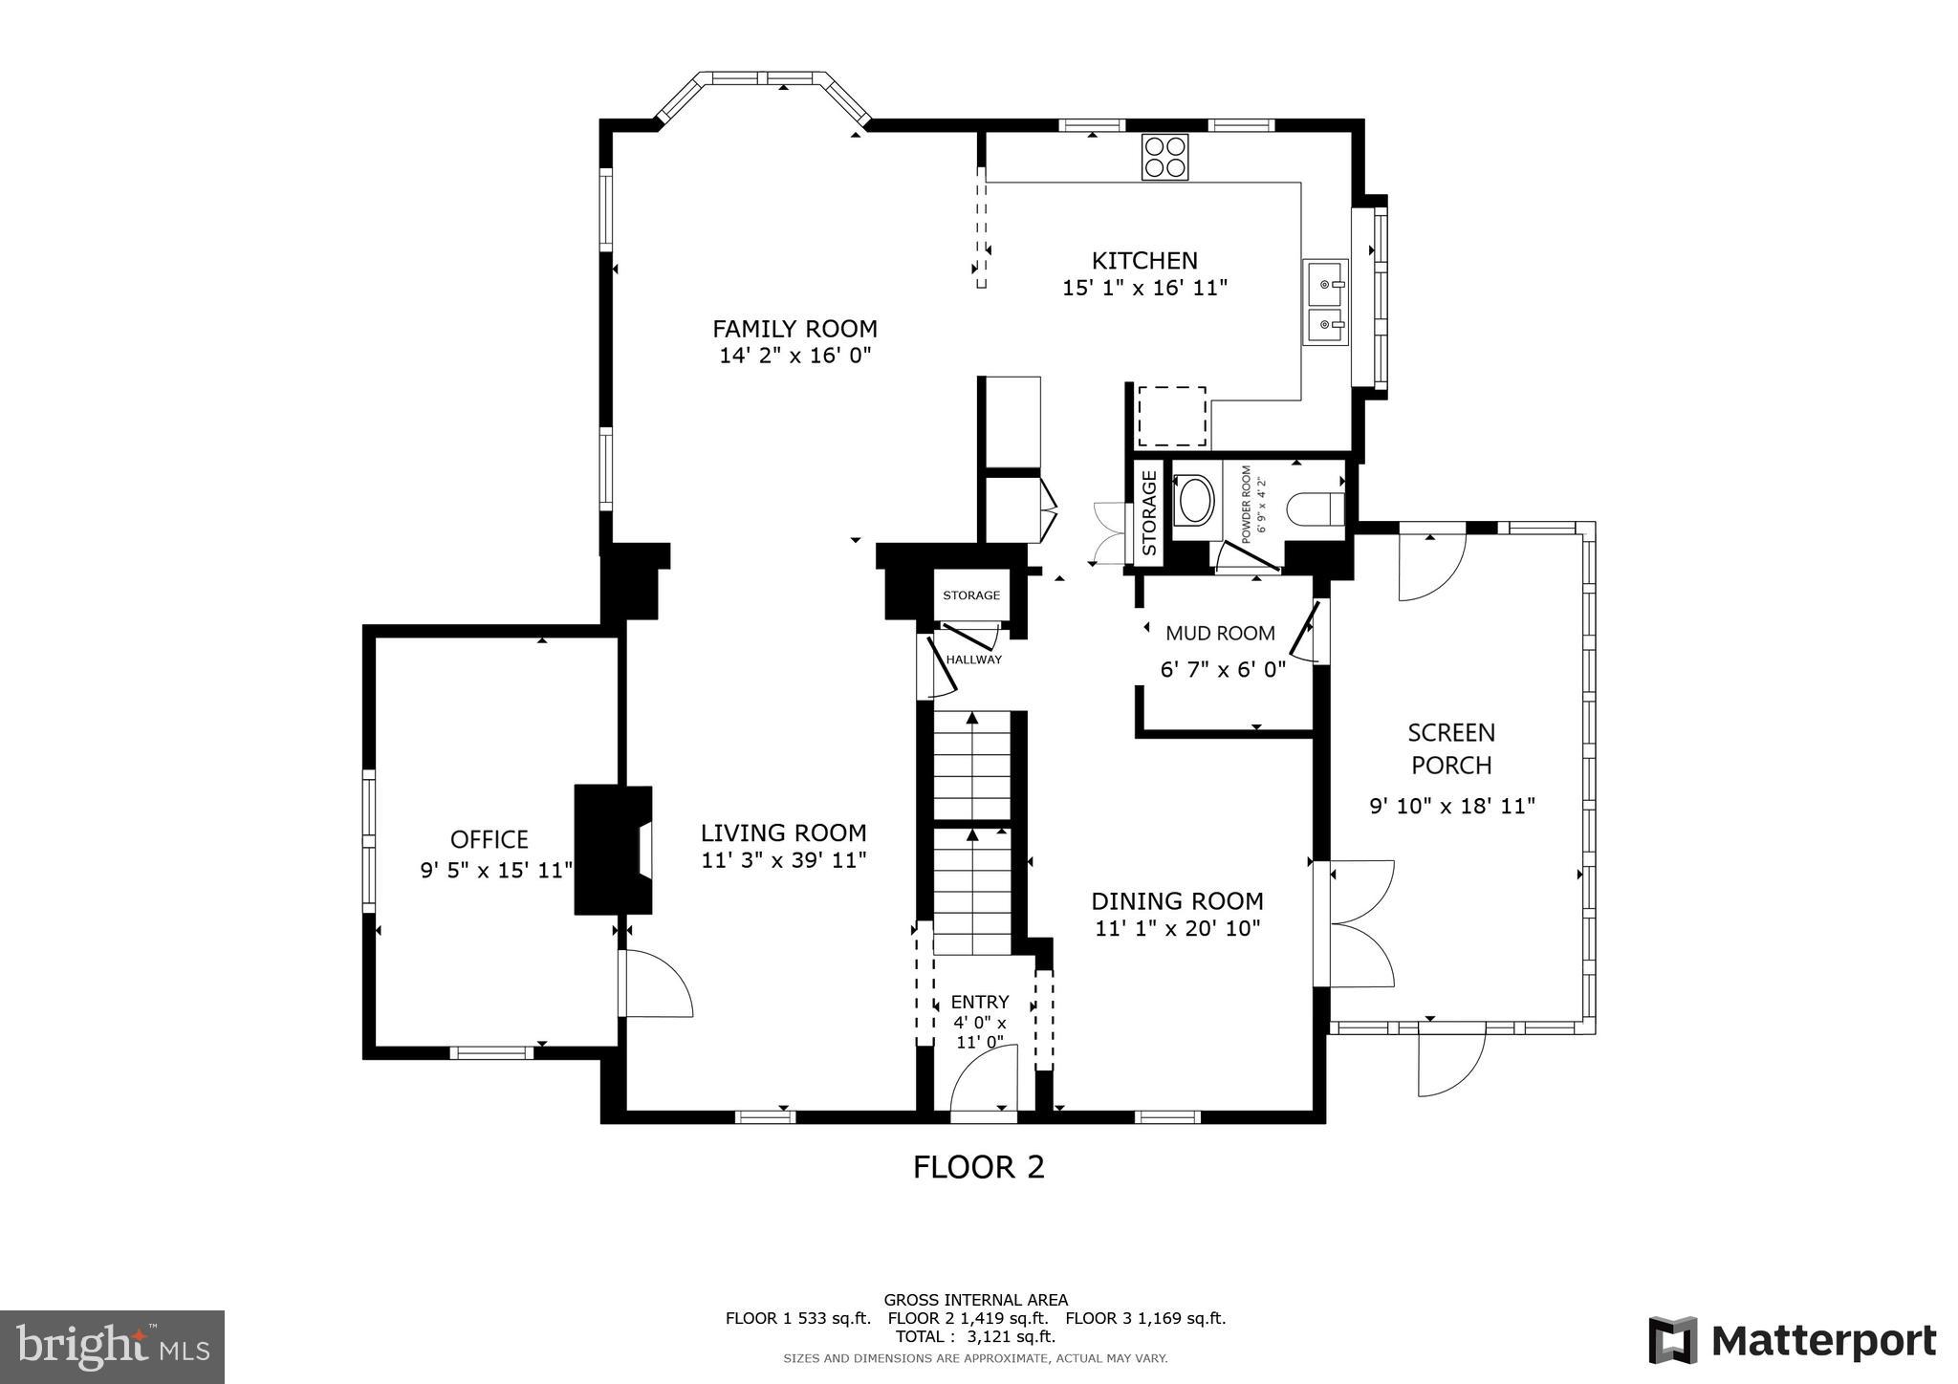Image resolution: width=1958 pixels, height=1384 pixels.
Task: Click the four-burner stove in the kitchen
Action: point(1164,157)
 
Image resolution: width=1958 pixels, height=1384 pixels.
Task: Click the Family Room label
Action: point(794,329)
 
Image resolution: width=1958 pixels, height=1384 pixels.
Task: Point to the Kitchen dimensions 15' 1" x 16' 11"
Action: point(1144,288)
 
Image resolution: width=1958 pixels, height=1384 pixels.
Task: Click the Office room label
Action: point(489,839)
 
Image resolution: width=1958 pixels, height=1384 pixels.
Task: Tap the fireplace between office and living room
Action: point(613,850)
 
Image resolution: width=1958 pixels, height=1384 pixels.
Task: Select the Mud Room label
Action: point(1220,633)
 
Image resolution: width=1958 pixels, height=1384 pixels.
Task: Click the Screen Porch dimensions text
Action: point(1451,806)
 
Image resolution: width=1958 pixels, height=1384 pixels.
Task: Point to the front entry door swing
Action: point(983,1078)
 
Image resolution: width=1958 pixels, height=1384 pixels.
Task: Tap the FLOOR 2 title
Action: point(978,1167)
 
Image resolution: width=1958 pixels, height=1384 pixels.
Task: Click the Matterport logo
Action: point(1792,1340)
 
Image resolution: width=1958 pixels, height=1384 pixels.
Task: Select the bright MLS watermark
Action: point(112,1347)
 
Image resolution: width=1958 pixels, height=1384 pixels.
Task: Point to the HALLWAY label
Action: point(973,659)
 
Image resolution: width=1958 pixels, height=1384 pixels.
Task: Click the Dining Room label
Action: point(1177,901)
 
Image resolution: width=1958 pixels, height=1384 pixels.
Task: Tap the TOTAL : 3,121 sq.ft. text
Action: point(975,1336)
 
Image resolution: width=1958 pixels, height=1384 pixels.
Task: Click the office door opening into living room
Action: point(655,983)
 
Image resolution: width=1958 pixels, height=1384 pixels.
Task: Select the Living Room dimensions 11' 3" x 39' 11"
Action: point(783,860)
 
